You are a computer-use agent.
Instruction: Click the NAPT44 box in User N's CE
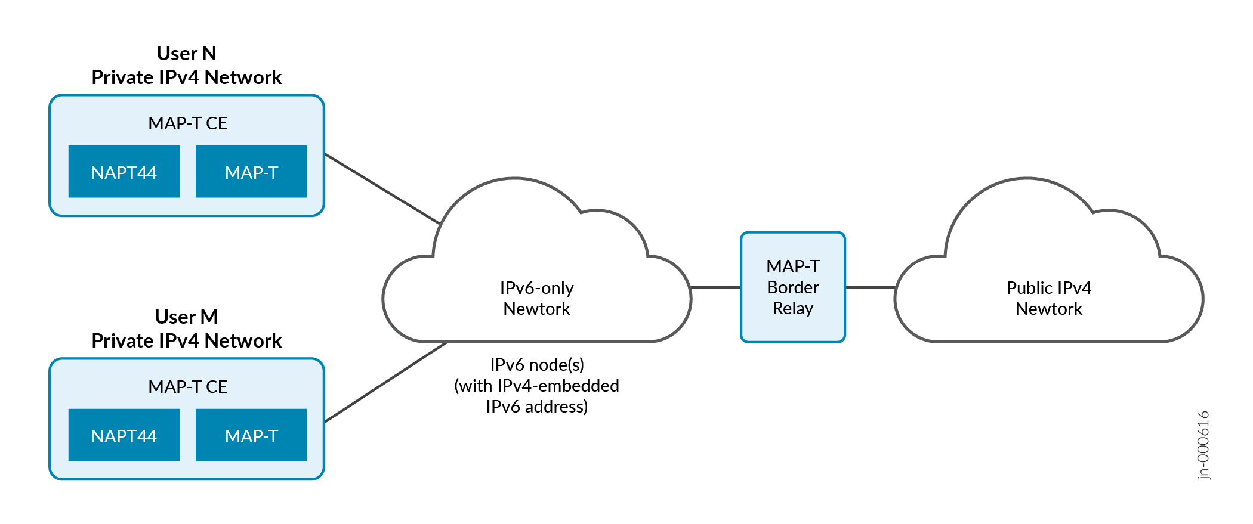pyautogui.click(x=124, y=172)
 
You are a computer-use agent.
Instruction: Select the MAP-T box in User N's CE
pyautogui.click(x=251, y=172)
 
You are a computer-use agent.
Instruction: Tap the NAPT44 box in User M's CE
pyautogui.click(x=124, y=435)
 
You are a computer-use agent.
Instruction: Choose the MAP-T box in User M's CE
pyautogui.click(x=251, y=435)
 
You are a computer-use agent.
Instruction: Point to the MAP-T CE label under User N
pyautogui.click(x=187, y=123)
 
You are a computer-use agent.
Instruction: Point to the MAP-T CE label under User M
pyautogui.click(x=187, y=387)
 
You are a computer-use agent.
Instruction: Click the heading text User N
pyautogui.click(x=186, y=54)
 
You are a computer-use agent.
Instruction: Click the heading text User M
pyautogui.click(x=186, y=317)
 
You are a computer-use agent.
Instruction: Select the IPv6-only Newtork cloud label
pyautogui.click(x=536, y=298)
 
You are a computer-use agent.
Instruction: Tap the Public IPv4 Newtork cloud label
pyautogui.click(x=1048, y=298)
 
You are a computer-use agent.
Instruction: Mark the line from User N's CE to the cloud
pyautogui.click(x=382, y=188)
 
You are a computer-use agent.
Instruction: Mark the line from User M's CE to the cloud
pyautogui.click(x=385, y=382)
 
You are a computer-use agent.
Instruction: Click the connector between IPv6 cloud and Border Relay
pyautogui.click(x=715, y=287)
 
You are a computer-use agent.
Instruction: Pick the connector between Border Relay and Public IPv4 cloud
pyautogui.click(x=870, y=287)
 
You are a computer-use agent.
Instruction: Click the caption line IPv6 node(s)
pyautogui.click(x=537, y=365)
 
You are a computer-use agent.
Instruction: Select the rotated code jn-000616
pyautogui.click(x=1203, y=445)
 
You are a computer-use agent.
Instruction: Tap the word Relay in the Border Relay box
pyautogui.click(x=793, y=308)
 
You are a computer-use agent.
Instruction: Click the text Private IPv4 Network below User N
pyautogui.click(x=186, y=77)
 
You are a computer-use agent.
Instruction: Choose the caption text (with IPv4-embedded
pyautogui.click(x=537, y=386)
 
